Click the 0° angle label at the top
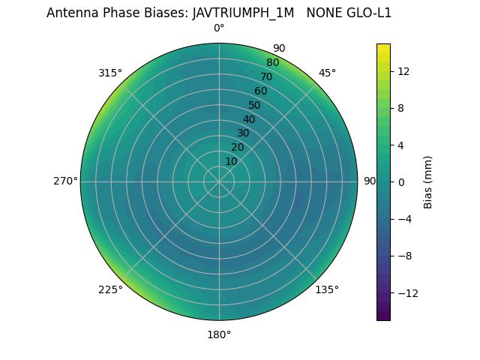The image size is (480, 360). tap(219, 28)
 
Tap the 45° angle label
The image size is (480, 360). tap(327, 73)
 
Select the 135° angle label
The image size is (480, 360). tap(327, 289)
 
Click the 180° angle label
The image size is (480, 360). tap(219, 334)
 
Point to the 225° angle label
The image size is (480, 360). tap(110, 289)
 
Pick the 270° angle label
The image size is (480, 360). tap(65, 181)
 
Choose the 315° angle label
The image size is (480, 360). tap(110, 73)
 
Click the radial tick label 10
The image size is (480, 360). tap(231, 161)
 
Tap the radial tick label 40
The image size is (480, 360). tap(249, 119)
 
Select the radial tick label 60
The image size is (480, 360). tap(260, 91)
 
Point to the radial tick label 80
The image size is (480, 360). tap(272, 63)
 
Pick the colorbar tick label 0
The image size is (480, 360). tap(399, 182)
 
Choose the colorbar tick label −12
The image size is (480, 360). tap(405, 293)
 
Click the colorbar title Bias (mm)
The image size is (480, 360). tap(428, 182)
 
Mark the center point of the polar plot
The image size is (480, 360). tap(219, 181)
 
